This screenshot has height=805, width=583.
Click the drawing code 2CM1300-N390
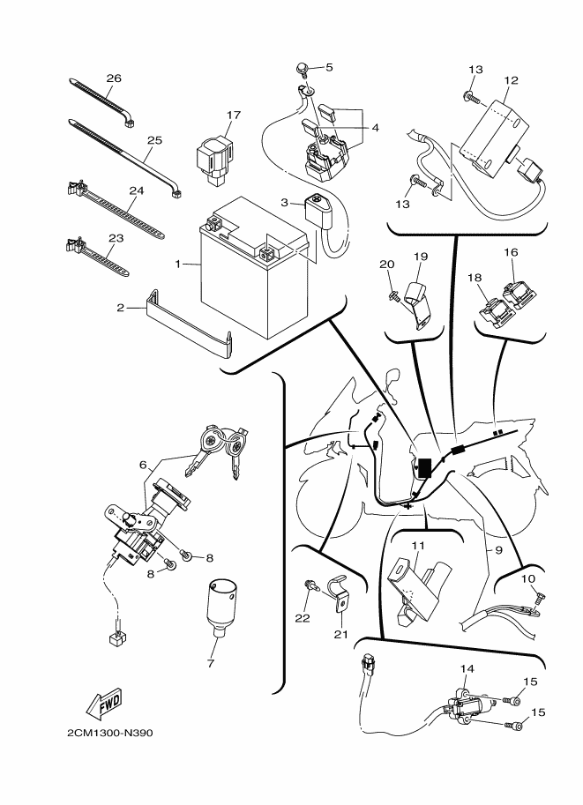tap(114, 733)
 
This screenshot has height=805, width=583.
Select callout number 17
tap(233, 116)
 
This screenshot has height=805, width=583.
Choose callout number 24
tap(136, 190)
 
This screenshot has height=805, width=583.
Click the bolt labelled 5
tap(303, 68)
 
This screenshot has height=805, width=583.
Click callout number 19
tap(421, 257)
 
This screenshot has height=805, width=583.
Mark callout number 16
tap(511, 252)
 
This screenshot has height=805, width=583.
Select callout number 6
tap(143, 463)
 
